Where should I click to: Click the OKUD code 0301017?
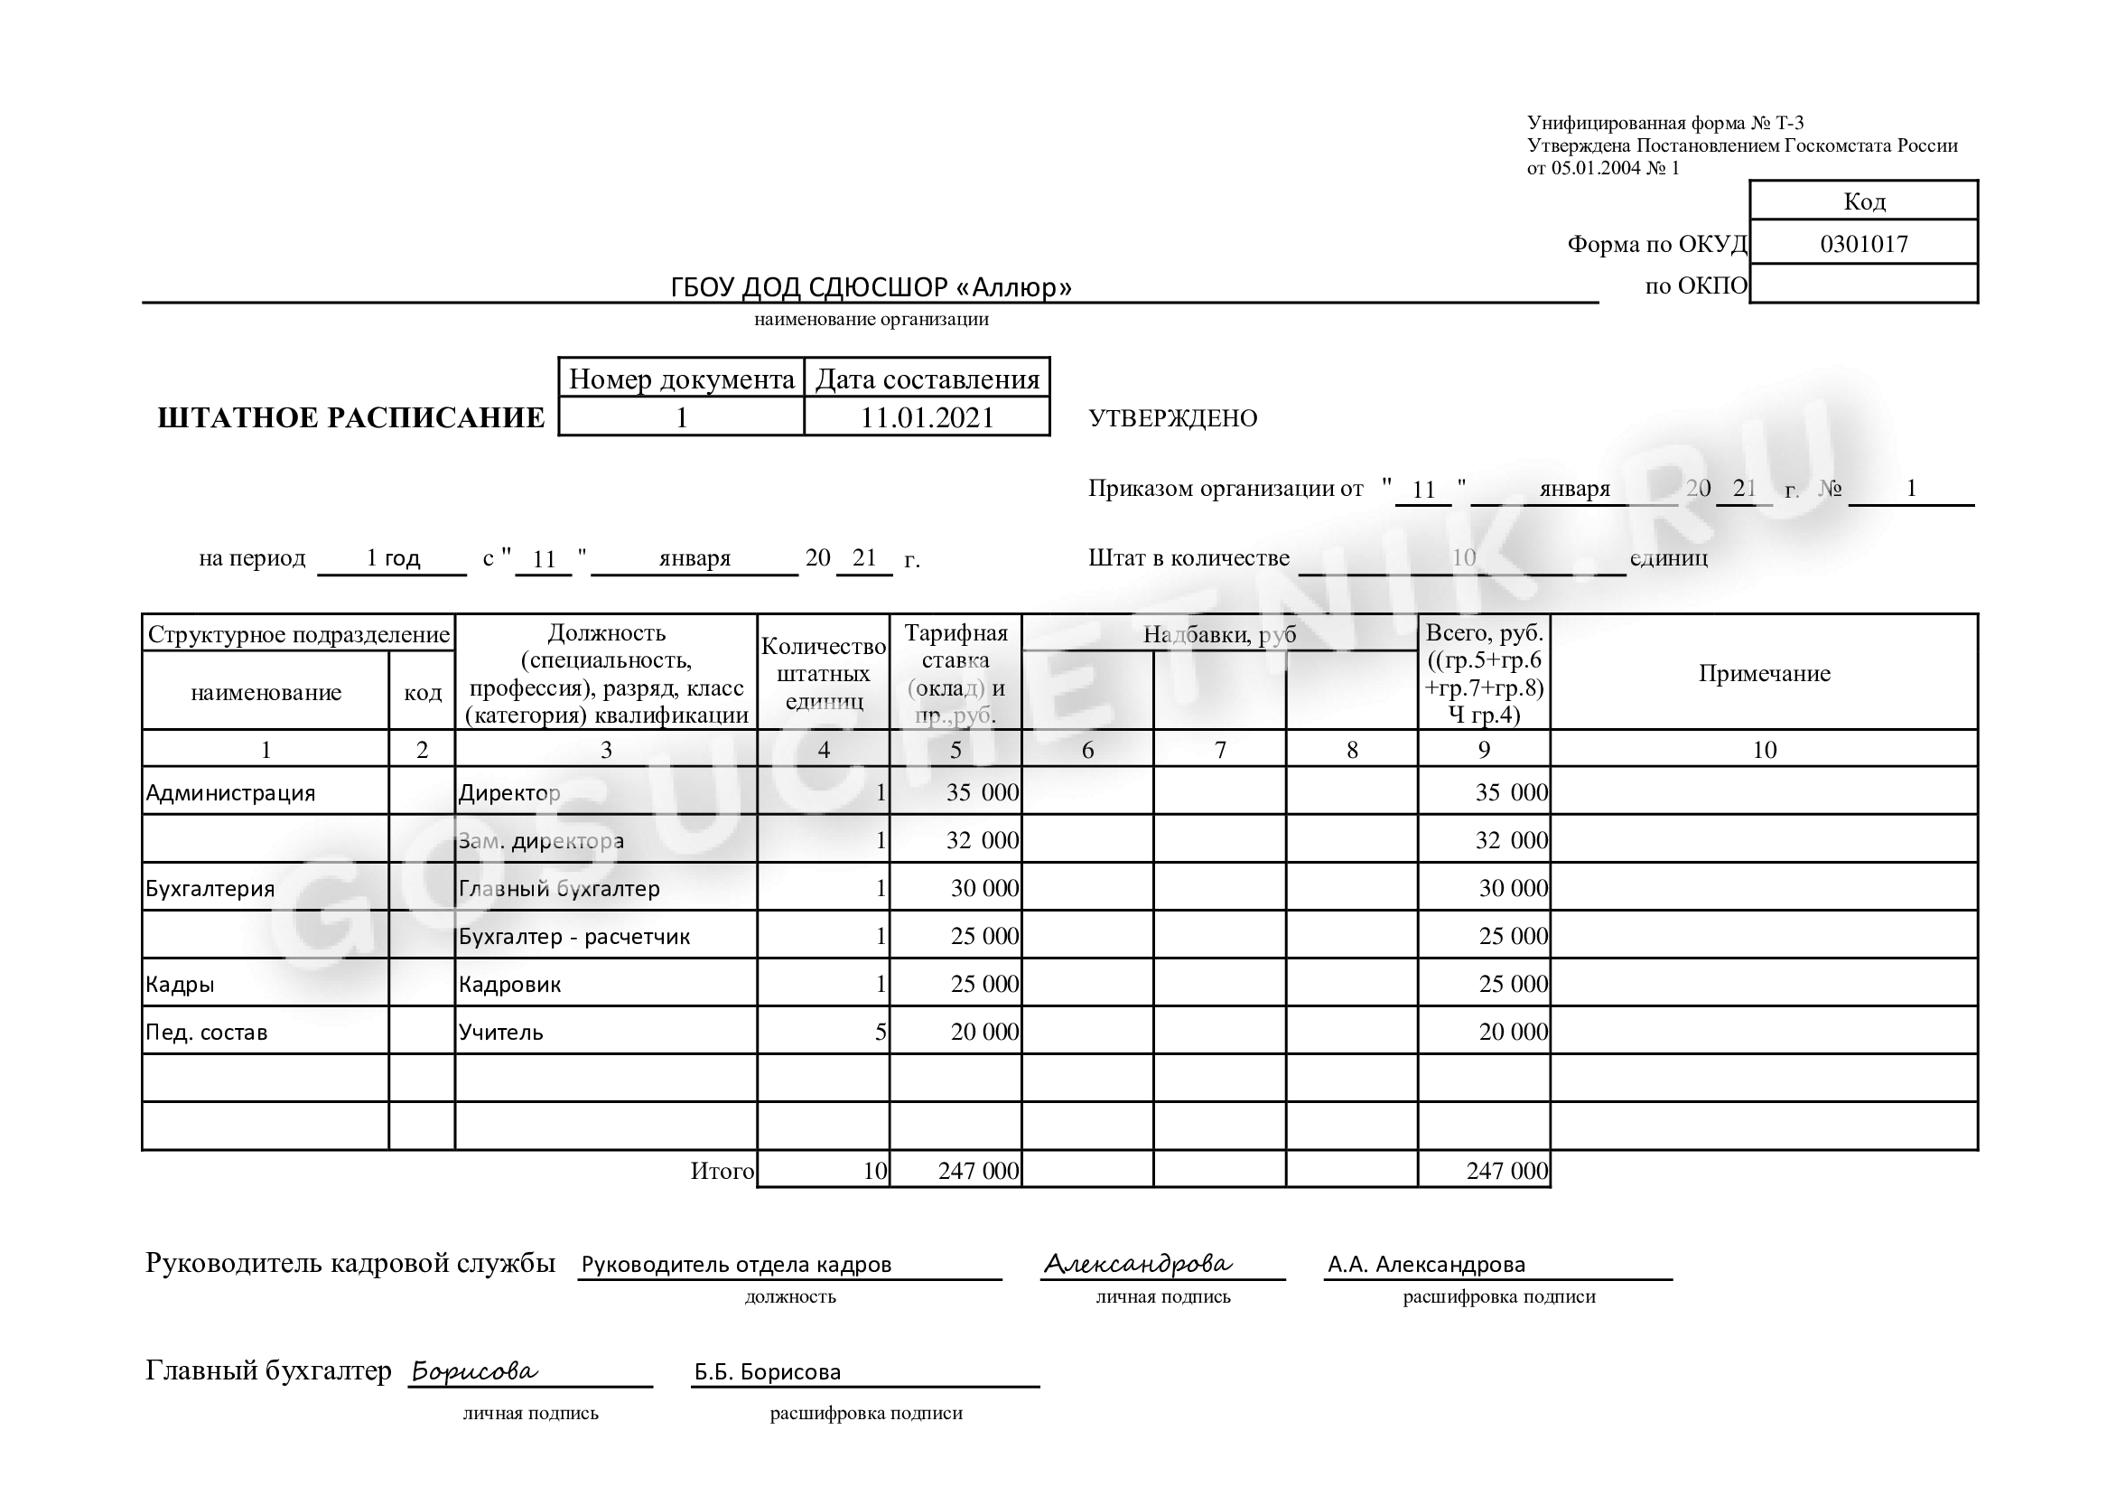(x=1862, y=244)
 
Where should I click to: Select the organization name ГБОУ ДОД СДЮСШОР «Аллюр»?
(x=871, y=287)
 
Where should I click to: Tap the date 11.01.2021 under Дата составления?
(x=927, y=417)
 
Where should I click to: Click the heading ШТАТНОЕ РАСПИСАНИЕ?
(x=351, y=418)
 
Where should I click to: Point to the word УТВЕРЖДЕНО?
(x=1173, y=418)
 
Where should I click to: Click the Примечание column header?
(x=1764, y=674)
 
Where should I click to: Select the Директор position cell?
(x=509, y=792)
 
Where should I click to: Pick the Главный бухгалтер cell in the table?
(x=559, y=889)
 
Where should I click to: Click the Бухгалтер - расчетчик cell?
(x=574, y=937)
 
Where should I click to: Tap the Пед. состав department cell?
(x=207, y=1033)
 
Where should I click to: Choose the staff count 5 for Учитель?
(x=881, y=1033)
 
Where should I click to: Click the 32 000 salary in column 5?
(x=982, y=841)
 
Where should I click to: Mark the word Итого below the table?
(x=722, y=1172)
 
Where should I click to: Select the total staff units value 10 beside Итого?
(x=873, y=1172)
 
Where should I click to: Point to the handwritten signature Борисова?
(x=475, y=1371)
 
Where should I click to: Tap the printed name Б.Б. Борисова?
(x=768, y=1372)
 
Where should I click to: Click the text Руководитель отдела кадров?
(x=736, y=1265)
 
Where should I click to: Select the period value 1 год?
(x=393, y=557)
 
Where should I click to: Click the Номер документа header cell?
(x=681, y=379)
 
